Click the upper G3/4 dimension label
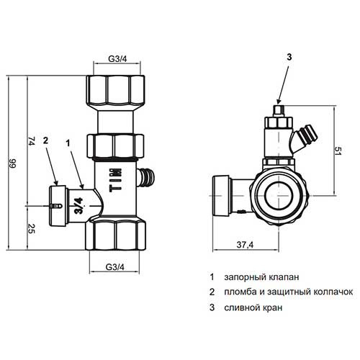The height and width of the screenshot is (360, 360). coord(117,59)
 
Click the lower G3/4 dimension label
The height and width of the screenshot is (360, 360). coord(115,267)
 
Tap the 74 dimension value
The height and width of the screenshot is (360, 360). coord(32,141)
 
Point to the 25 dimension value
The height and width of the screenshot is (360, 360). coord(32,228)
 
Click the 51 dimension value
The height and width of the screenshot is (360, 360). coord(338,150)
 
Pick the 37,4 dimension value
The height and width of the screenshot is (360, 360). coord(245,245)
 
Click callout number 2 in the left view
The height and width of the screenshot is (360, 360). coord(45,140)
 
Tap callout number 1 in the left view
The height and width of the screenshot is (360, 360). coord(68,143)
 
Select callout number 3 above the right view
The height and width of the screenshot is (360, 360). coord(289,57)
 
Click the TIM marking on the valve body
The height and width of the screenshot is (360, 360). coord(116,180)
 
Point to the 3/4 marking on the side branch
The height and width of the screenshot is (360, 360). coord(78,206)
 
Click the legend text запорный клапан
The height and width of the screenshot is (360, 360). coord(261,277)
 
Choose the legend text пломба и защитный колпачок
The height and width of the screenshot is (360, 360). coord(289,292)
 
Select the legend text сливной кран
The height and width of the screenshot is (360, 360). coord(253,307)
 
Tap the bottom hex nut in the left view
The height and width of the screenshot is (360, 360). coord(116,235)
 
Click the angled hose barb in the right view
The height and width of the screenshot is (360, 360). coord(307,137)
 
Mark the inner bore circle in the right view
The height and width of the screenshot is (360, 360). coord(279,196)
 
